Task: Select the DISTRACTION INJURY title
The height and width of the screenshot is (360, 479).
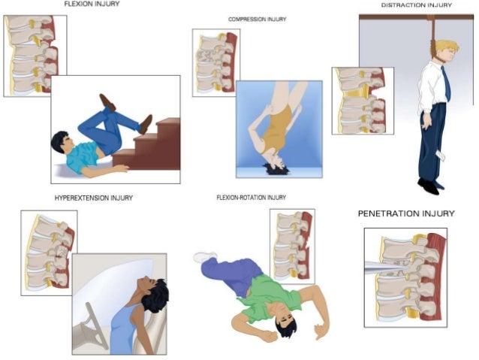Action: click(416, 5)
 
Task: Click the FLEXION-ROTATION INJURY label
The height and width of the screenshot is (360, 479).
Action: click(251, 198)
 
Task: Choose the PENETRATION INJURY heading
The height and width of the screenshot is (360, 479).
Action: click(405, 214)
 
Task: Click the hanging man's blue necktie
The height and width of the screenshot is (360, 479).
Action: click(446, 83)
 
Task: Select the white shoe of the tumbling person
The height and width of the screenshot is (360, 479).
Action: click(204, 257)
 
